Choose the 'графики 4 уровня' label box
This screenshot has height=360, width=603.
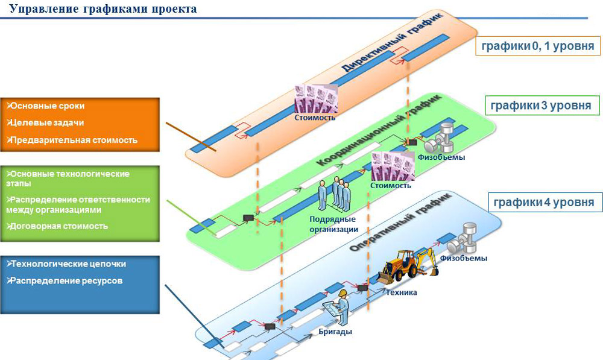(x=540, y=201)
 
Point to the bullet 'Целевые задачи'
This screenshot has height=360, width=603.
(x=46, y=122)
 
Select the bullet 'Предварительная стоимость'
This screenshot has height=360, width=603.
(x=72, y=140)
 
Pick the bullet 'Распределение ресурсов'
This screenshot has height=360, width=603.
(x=65, y=281)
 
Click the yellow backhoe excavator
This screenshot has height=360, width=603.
(x=407, y=265)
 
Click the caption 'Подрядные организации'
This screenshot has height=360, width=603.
(x=333, y=224)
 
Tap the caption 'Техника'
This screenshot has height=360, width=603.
(x=402, y=292)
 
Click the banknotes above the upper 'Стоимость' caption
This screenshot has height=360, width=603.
(x=315, y=98)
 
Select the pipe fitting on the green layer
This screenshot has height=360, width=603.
(x=443, y=139)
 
